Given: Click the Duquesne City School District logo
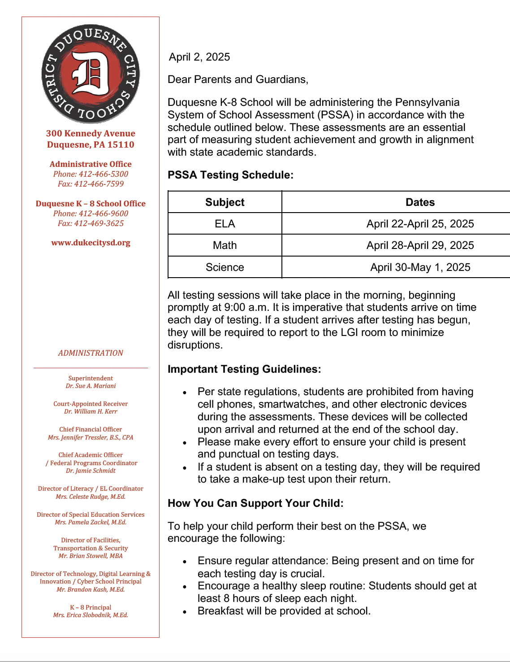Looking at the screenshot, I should pyautogui.click(x=91, y=74).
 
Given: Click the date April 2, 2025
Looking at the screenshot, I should pyautogui.click(x=199, y=57).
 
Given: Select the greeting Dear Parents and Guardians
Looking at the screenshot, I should pyautogui.click(x=238, y=79).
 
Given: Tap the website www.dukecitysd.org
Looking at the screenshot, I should pyautogui.click(x=91, y=243).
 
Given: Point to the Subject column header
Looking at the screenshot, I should pyautogui.click(x=225, y=202).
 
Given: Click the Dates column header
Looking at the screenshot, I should pyautogui.click(x=420, y=202).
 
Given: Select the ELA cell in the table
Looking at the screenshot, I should pyautogui.click(x=225, y=224).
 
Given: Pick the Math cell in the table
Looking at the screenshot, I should pyautogui.click(x=225, y=245).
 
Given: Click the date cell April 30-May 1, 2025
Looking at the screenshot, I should pyautogui.click(x=420, y=267).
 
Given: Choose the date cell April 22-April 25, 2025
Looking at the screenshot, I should pyautogui.click(x=420, y=224).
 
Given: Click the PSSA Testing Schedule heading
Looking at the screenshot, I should pyautogui.click(x=230, y=175).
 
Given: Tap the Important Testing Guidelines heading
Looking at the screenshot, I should pyautogui.click(x=244, y=369).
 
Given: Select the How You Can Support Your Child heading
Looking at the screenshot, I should pyautogui.click(x=255, y=503).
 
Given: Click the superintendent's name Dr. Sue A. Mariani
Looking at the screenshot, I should pyautogui.click(x=91, y=386).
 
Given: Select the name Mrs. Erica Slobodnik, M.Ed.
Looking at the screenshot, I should pyautogui.click(x=91, y=615).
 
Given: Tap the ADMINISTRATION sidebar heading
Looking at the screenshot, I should pyautogui.click(x=91, y=353).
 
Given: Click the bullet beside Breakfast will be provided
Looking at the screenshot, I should pyautogui.click(x=184, y=612).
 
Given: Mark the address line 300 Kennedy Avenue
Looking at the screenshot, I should pyautogui.click(x=91, y=133).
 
